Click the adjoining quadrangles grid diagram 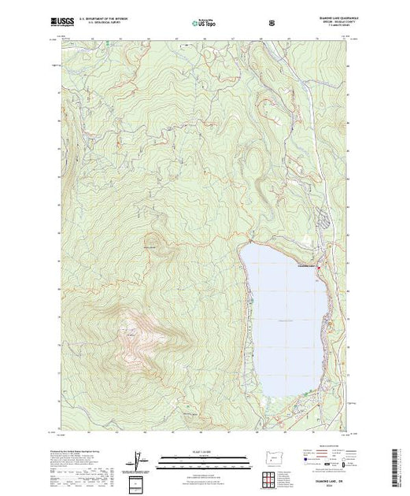click(x=271, y=477)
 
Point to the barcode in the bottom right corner click(x=398, y=465)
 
